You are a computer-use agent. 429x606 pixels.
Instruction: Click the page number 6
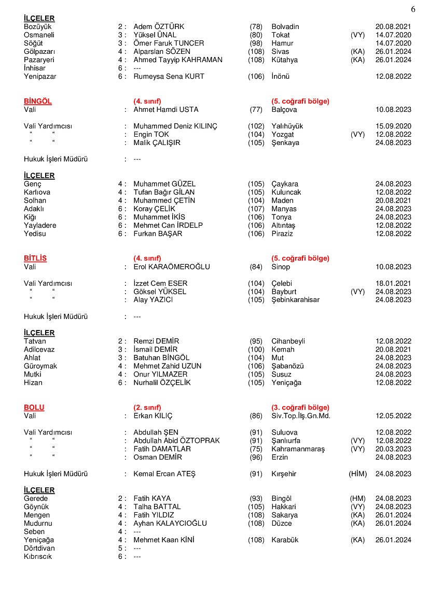tap(413, 9)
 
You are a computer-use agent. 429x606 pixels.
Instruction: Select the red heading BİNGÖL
tap(38, 102)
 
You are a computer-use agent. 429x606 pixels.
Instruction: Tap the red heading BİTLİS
tap(35, 258)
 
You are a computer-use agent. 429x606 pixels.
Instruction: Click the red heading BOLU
tap(34, 408)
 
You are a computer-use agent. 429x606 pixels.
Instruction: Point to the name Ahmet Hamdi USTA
tap(166, 110)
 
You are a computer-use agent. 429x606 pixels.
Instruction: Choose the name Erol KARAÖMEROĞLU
tap(172, 267)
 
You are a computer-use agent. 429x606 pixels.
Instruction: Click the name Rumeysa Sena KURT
tap(169, 77)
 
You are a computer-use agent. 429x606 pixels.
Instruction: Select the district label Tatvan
tap(35, 341)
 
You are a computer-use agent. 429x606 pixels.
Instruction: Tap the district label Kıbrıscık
tap(38, 557)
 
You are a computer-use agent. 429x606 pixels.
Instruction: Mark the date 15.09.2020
tap(393, 126)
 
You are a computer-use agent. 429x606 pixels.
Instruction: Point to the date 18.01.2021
tap(393, 283)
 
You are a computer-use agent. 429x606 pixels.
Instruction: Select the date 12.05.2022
tap(393, 416)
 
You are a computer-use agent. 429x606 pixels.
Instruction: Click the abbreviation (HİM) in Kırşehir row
tap(358, 474)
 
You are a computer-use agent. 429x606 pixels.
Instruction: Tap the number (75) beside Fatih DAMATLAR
tap(256, 449)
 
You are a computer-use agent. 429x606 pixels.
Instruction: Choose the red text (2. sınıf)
tap(147, 408)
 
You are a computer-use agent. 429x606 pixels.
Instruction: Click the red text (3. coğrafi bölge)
tap(300, 408)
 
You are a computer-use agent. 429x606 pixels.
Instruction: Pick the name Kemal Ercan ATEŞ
tap(164, 474)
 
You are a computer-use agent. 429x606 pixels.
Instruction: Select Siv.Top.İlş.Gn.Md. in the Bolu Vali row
tap(301, 416)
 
